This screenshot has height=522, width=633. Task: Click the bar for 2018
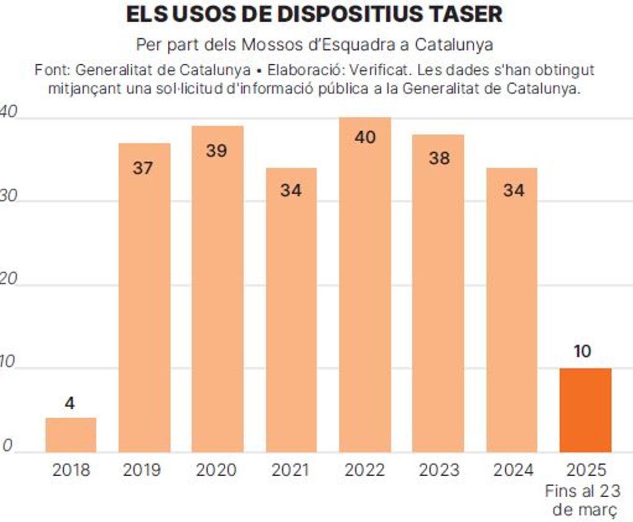71,435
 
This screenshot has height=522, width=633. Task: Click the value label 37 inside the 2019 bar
143,169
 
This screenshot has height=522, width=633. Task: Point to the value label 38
439,158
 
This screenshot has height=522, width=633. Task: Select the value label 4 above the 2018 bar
70,403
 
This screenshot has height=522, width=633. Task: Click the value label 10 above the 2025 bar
582,352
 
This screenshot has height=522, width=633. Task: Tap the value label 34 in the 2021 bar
291,190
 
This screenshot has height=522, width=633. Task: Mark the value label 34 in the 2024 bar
513,190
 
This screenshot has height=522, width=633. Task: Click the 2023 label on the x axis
439,470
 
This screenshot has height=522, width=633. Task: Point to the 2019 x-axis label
143,470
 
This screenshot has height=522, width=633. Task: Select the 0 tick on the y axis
7,446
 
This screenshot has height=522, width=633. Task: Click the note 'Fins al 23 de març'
582,500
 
